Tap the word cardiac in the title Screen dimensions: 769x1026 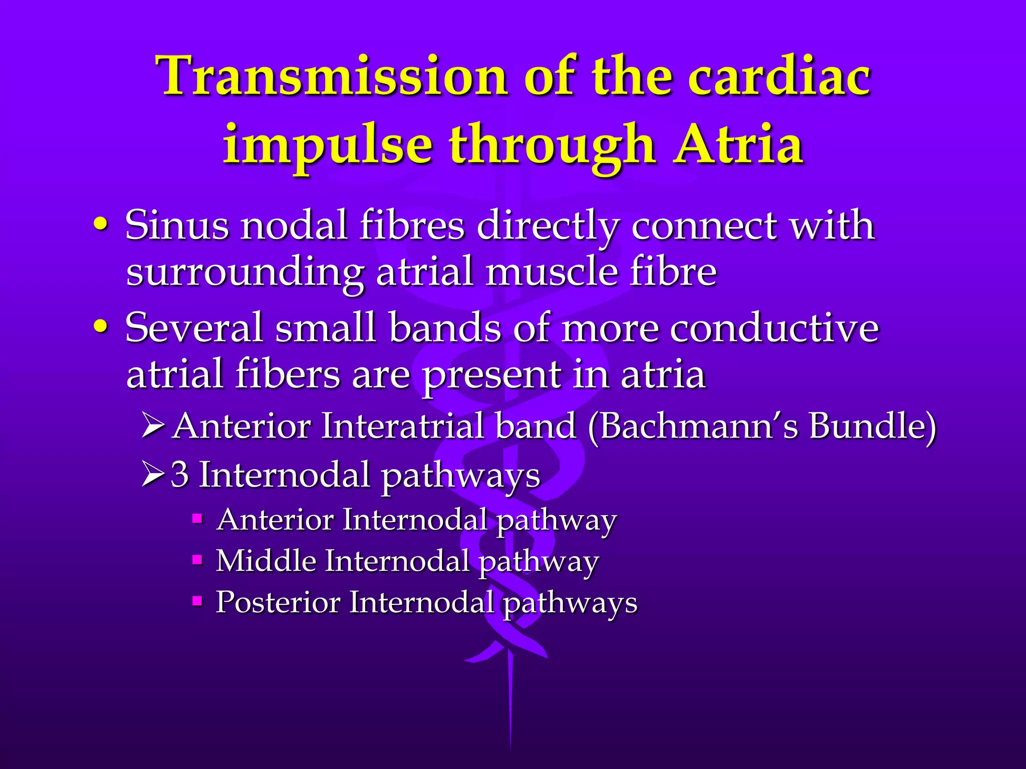pyautogui.click(x=779, y=76)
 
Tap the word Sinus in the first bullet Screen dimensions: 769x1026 pyautogui.click(x=176, y=225)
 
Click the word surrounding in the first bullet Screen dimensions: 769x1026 pyautogui.click(x=244, y=273)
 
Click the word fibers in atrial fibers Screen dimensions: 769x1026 pyautogui.click(x=288, y=374)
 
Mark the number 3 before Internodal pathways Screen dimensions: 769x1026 pyautogui.click(x=179, y=474)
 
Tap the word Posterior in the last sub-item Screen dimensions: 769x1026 pyautogui.click(x=278, y=602)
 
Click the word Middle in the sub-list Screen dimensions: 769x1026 pyautogui.click(x=266, y=560)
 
